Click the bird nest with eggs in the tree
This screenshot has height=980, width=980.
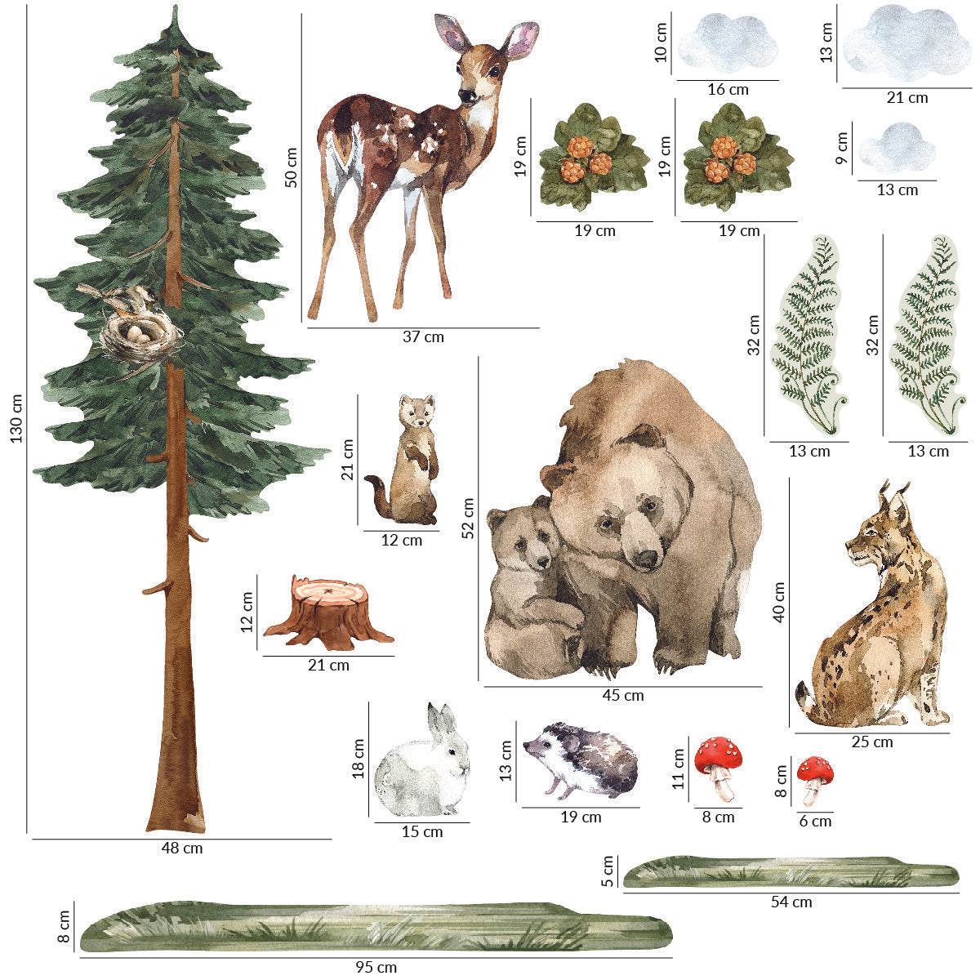(140, 335)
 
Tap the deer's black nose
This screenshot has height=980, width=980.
(465, 95)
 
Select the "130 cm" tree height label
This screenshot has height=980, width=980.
(17, 418)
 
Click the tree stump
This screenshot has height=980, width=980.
(328, 612)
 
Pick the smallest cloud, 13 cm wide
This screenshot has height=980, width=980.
(897, 148)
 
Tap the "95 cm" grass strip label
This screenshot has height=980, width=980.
(376, 967)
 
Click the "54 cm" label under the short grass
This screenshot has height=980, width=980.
(791, 902)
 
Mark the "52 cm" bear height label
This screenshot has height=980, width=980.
(468, 518)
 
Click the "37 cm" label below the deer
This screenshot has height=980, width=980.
(423, 336)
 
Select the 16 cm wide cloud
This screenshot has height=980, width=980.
(728, 43)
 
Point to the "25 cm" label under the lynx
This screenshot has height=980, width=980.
(872, 742)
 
